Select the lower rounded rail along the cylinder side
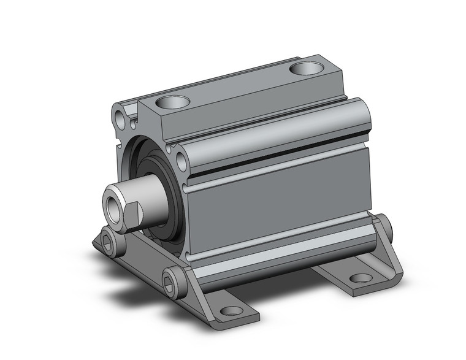[x=282, y=251]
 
